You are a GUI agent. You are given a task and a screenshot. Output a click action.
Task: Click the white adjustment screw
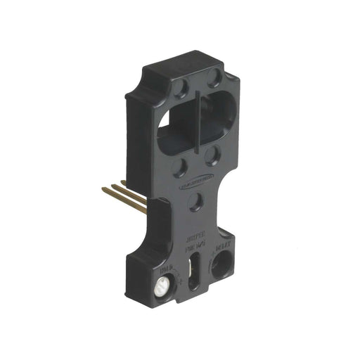(x=161, y=285)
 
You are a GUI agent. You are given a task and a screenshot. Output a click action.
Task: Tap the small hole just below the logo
(x=197, y=202)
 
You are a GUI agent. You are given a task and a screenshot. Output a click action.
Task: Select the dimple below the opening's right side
(x=212, y=154)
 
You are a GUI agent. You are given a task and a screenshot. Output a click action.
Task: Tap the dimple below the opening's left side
(x=181, y=167)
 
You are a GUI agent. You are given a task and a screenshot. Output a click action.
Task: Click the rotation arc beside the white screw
(x=176, y=281)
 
